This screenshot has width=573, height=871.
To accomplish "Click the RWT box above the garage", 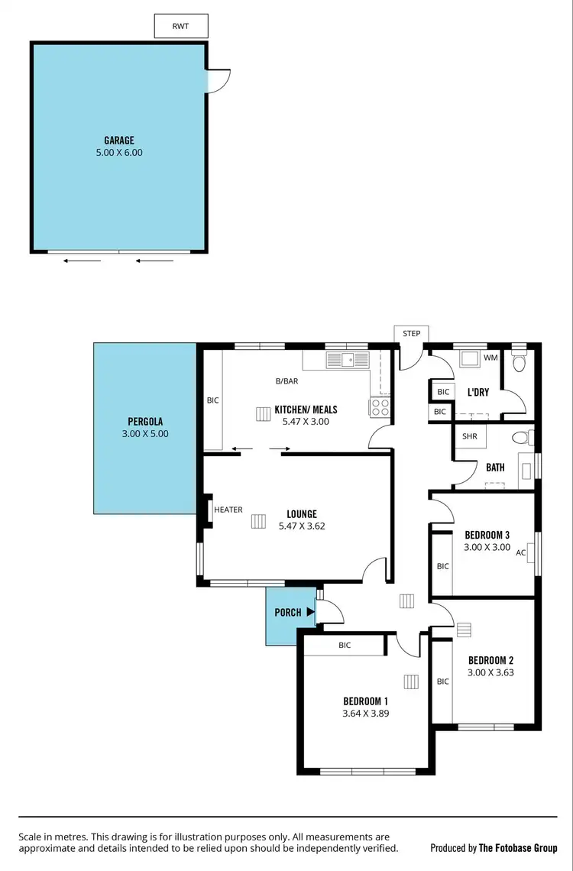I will pos(180,26).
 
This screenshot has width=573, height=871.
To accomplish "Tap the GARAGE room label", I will pos(119,140).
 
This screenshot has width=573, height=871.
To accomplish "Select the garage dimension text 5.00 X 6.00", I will pos(119,152).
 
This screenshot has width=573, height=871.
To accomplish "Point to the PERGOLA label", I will pos(145,421).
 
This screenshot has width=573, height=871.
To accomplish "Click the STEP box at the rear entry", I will pos(412,334).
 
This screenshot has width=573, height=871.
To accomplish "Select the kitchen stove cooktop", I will pos(380,407).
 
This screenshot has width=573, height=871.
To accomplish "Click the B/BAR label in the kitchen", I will pos(286,380).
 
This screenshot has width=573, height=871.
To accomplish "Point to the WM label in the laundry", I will pos(490,358).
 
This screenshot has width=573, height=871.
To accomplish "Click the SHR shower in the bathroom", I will pos(469,436).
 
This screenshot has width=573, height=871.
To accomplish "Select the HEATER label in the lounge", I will pos(228,510).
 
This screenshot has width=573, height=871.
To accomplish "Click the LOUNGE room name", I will pos(302,514).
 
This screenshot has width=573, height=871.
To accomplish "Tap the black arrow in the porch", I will pos(309,611).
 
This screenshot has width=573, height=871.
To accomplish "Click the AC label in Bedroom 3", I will pos(521,552).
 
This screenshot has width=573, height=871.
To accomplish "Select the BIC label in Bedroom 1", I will pos(345,645).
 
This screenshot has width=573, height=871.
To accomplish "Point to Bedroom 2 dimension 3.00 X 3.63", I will pos(490,673).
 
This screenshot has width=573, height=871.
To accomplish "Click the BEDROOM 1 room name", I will pos(366,701).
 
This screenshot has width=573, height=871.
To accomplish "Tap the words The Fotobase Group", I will pos(517,848).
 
